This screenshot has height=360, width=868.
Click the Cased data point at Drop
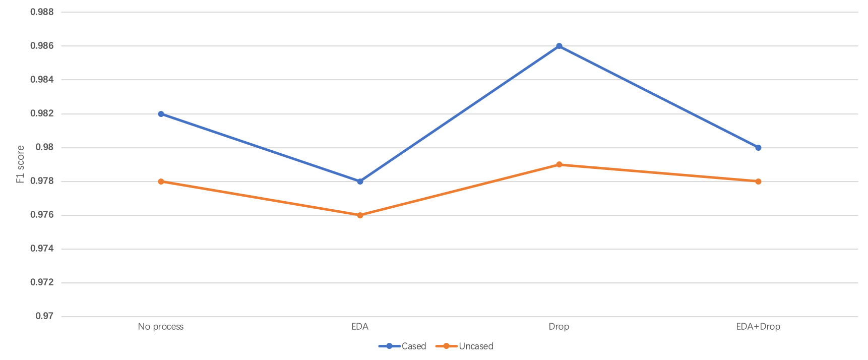point(559,46)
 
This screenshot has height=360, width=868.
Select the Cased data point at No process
point(161,114)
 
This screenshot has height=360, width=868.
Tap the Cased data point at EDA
point(360,182)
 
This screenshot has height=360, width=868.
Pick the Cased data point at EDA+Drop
point(758,148)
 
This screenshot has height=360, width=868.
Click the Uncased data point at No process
point(161,182)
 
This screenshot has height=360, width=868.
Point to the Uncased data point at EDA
point(360,215)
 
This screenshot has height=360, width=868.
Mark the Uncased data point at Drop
point(559,164)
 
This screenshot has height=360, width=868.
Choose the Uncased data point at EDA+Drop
point(758,182)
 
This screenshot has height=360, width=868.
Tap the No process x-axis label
point(161,327)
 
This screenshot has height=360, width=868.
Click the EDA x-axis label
point(360,327)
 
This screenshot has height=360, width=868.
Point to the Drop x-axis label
point(559,327)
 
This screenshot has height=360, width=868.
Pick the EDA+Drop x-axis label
point(758,327)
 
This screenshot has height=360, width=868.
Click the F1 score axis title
point(21,164)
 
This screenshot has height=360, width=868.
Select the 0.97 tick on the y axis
point(45,317)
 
